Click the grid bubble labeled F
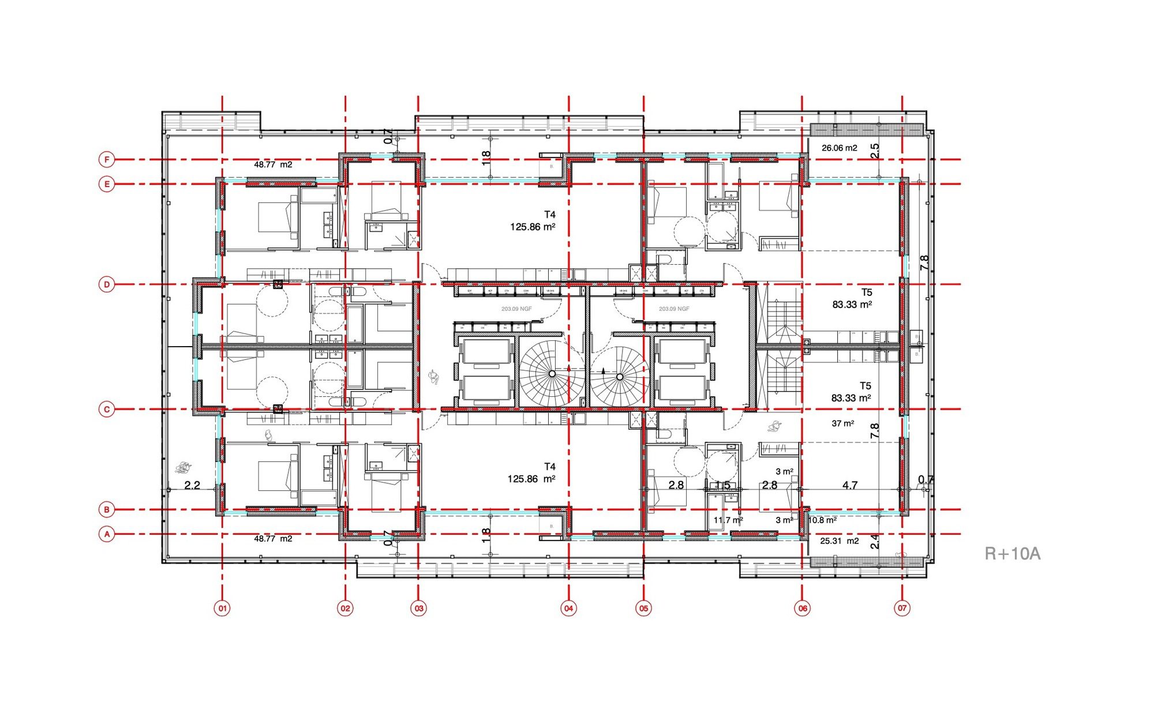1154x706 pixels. point(107,159)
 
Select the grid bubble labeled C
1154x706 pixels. point(107,410)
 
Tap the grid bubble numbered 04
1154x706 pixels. point(569,608)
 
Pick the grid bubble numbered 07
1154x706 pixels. point(902,608)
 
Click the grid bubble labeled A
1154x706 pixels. point(107,534)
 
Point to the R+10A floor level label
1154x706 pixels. point(1012,554)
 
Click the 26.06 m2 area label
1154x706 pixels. point(839,148)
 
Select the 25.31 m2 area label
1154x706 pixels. point(839,541)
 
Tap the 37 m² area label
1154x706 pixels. point(842,423)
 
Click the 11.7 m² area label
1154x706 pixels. point(728,520)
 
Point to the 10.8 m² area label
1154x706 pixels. point(822,520)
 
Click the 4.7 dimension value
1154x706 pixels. point(850,486)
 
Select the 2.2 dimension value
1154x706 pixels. point(192,486)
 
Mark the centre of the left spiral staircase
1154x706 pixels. point(552,374)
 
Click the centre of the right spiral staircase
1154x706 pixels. point(620,377)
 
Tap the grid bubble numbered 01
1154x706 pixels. point(222,608)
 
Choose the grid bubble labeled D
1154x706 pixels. point(107,284)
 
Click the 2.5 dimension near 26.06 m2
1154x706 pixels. point(875,151)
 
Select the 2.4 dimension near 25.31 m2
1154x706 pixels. point(875,542)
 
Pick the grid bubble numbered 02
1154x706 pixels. point(345,608)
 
